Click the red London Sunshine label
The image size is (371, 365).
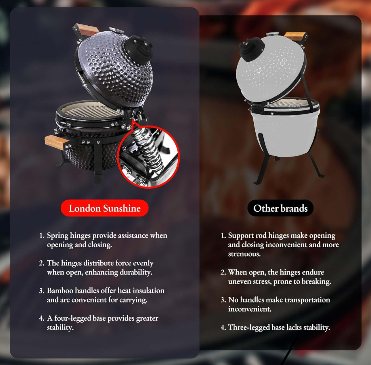pyautogui.click(x=104, y=208)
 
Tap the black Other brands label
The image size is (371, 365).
pyautogui.click(x=280, y=208)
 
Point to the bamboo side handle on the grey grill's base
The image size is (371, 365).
pyautogui.click(x=56, y=142)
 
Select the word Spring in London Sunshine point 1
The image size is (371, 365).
pyautogui.click(x=58, y=236)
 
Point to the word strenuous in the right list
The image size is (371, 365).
pyautogui.click(x=244, y=254)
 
